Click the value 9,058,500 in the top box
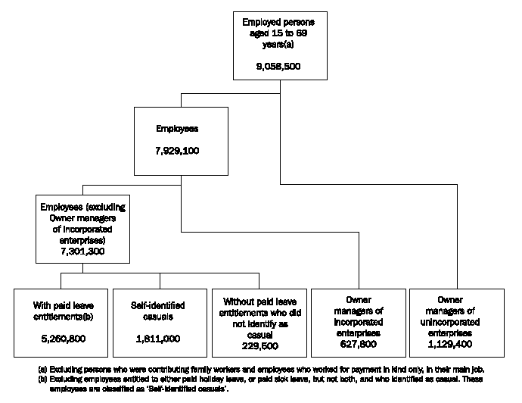pos(280,67)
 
